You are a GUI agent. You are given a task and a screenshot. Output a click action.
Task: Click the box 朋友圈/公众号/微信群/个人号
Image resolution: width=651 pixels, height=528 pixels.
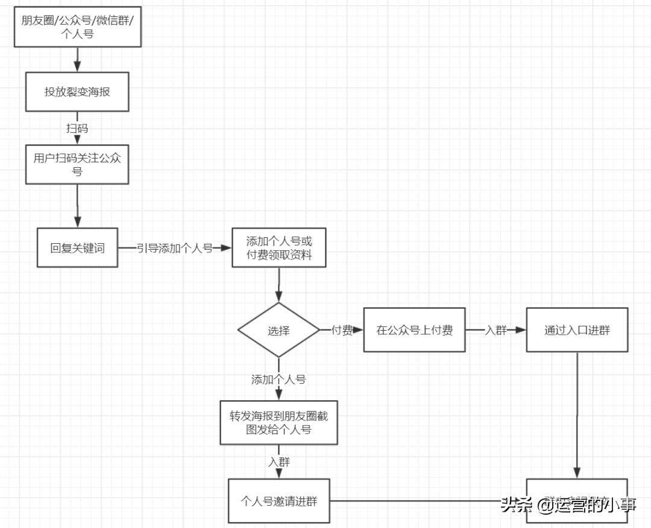coord(78,28)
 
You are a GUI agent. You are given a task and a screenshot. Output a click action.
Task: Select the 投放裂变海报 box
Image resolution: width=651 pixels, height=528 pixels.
coord(77,92)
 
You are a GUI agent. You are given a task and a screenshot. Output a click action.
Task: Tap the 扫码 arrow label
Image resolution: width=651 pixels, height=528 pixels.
coord(77,128)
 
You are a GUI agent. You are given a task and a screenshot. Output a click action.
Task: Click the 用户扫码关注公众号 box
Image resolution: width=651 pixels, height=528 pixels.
coord(77,164)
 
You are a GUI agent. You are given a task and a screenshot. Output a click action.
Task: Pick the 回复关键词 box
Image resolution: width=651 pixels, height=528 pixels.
coord(77,247)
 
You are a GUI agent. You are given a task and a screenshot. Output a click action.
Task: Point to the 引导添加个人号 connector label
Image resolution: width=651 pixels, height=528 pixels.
coord(175,248)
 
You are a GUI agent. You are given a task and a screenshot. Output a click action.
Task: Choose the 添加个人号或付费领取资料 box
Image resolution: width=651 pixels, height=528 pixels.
coord(279,247)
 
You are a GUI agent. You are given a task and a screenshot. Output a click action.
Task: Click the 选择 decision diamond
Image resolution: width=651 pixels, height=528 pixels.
coord(278,331)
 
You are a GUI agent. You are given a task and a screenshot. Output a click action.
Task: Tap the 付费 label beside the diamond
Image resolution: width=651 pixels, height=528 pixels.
coord(342,330)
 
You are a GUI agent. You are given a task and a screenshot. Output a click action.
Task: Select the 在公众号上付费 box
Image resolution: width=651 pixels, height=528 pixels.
coord(414,330)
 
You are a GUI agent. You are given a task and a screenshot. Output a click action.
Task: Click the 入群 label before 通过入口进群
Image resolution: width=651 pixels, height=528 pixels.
coord(496,330)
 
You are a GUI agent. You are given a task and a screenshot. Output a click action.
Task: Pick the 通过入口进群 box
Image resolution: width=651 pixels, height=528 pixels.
coord(577,330)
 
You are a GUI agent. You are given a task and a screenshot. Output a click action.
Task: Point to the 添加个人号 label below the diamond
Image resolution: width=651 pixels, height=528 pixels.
coord(278,380)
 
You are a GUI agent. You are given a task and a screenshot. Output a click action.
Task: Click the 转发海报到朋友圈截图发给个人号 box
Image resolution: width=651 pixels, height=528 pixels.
coord(278,422)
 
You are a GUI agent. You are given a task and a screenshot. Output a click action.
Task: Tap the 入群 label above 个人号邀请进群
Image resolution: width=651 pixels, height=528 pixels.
coord(278,462)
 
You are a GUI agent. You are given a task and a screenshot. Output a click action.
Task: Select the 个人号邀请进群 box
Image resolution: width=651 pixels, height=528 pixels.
coord(279,501)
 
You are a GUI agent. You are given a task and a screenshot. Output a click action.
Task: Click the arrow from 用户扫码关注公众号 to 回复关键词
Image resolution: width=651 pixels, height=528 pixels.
coord(77,206)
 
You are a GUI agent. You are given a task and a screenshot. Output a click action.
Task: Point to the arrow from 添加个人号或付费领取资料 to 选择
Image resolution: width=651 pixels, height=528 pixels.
coord(278,285)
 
